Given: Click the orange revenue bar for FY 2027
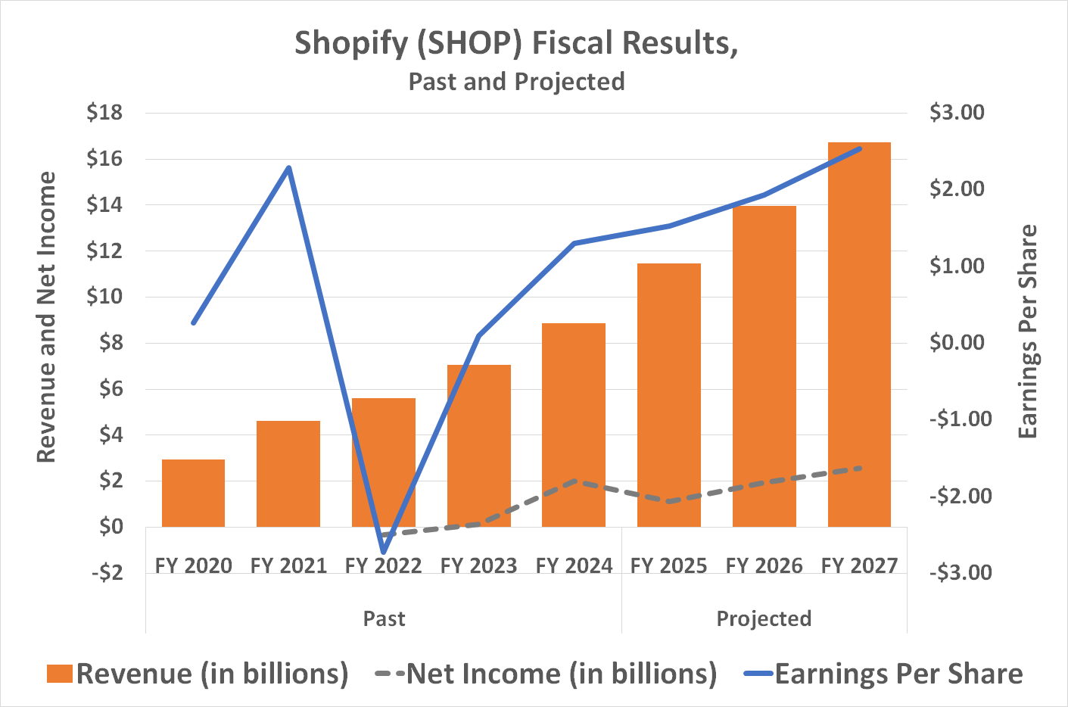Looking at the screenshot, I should pos(859,333).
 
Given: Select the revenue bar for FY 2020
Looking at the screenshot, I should pos(193,493).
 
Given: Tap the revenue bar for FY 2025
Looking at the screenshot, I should pos(668,394).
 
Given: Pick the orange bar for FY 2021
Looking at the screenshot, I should pos(288,473).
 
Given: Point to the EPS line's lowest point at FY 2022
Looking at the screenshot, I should pos(384,552).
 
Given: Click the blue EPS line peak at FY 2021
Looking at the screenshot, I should pos(288,168).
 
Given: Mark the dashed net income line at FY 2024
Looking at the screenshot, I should pos(575,481).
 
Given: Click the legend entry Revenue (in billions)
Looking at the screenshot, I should pos(197,674).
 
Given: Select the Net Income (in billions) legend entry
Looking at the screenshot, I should pos(545,674).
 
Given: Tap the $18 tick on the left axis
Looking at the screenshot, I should pos(104,113).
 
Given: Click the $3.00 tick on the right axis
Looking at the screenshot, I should pos(957,113).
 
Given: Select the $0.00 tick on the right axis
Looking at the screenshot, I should pos(957,342).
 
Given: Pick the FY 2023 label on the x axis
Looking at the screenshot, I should pos(478,566).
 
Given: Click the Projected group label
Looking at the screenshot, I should pos(764,618).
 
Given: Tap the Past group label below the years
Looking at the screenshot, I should pos(384,618).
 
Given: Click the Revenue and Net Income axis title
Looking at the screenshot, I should pos(47,316).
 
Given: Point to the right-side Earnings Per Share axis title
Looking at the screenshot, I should pos(1027,331).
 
